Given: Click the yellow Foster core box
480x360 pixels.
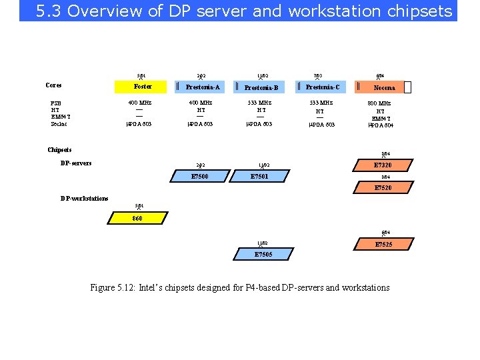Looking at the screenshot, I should (x=143, y=87).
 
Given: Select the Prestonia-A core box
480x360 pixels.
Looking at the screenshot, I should (x=203, y=87).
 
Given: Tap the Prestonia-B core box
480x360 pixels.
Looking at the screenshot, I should (x=261, y=87).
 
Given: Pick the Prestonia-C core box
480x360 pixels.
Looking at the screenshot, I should (x=323, y=87).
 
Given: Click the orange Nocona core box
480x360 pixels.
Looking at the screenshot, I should (x=384, y=87).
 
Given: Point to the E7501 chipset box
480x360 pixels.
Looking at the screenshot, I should (x=259, y=176).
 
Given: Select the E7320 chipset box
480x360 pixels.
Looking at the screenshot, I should (x=382, y=165).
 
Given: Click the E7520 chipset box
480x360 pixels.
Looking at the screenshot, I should (x=382, y=188).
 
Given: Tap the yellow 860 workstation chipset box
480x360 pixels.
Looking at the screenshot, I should (x=137, y=218).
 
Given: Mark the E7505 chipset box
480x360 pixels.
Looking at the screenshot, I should (x=263, y=254).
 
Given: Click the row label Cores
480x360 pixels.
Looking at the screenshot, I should (x=53, y=85).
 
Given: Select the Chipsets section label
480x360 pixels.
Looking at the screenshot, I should (x=59, y=150).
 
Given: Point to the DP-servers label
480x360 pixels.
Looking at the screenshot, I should (x=76, y=163).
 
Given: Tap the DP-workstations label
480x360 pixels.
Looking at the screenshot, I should (x=84, y=198).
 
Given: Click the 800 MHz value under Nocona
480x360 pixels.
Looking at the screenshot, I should (x=380, y=103).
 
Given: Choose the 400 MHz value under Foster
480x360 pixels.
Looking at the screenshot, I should (x=140, y=103).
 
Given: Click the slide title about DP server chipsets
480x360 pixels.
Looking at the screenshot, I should (x=243, y=11).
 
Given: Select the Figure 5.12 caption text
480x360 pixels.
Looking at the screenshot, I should (x=240, y=287).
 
